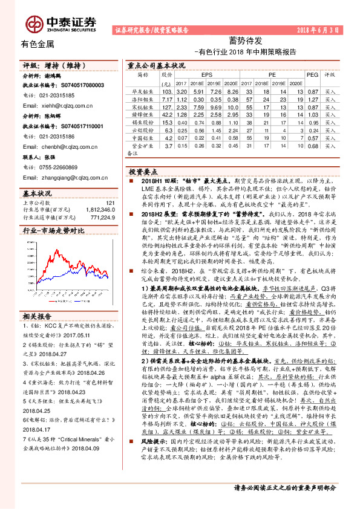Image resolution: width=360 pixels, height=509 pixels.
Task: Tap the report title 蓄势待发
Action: (x=245, y=41)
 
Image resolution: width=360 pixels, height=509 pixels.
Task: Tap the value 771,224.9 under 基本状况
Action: (x=100, y=216)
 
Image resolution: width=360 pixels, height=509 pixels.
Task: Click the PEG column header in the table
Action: (x=313, y=74)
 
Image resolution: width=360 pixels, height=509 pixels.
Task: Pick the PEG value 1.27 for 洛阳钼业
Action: (x=313, y=98)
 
